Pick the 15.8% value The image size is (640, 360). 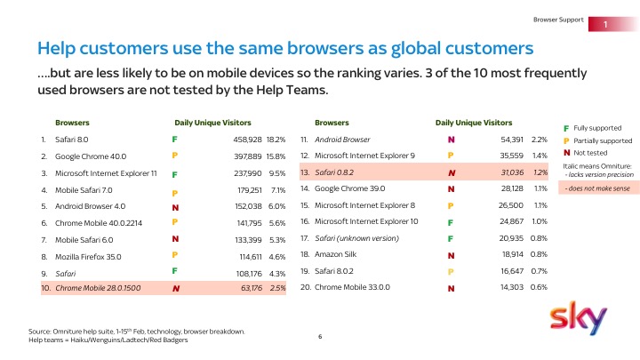coord(275,156)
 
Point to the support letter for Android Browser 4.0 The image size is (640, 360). coord(175,206)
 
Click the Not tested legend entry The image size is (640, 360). coord(588,152)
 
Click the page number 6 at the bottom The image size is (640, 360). coord(319,337)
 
